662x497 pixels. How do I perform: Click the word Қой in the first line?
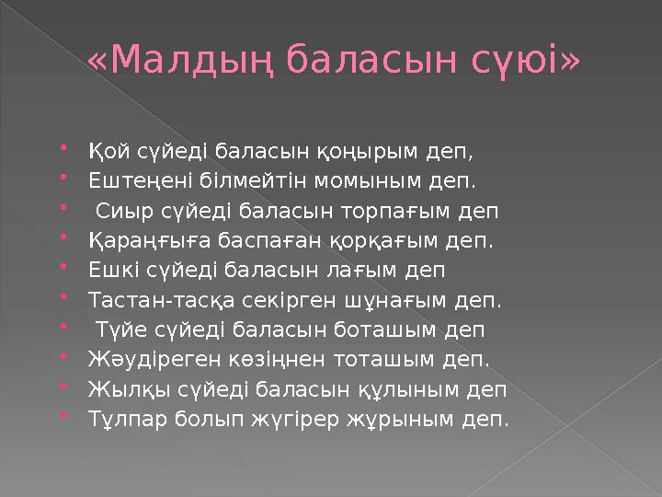106,150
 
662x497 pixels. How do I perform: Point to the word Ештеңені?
138,180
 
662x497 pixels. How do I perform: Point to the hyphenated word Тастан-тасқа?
162,300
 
